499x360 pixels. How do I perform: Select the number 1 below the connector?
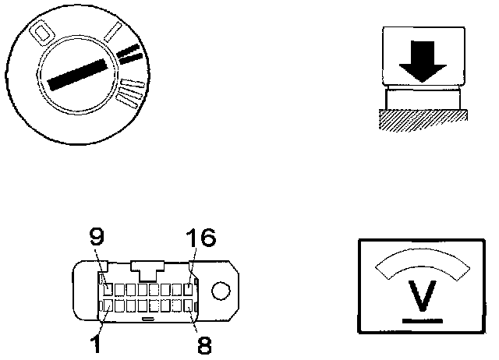click(96, 343)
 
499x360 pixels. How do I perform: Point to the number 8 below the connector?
click(204, 344)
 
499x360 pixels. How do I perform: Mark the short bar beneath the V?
click(423, 319)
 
